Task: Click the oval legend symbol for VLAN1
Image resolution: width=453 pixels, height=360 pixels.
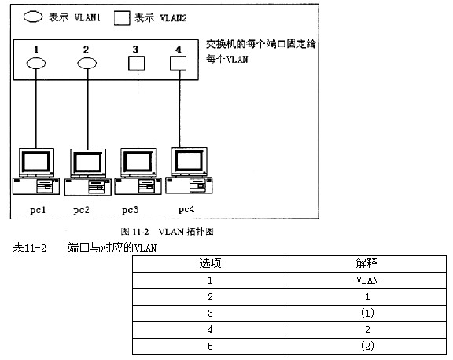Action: [x=33, y=17]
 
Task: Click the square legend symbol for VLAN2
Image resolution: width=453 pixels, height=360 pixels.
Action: [x=122, y=18]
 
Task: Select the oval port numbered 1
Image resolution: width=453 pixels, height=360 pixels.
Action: [x=36, y=63]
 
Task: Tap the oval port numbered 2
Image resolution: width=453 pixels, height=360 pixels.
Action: [x=87, y=63]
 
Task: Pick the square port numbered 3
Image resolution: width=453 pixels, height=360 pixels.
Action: [x=136, y=63]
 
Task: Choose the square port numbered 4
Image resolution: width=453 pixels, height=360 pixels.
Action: [x=178, y=63]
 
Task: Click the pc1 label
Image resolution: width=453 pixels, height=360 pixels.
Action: [x=38, y=210]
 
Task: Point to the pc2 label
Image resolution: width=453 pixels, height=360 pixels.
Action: [x=81, y=210]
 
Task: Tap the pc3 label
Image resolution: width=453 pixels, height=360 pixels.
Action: [x=130, y=210]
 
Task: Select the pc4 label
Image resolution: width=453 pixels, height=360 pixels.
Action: [x=186, y=209]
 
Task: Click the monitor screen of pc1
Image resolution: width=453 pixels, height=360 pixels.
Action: [x=36, y=162]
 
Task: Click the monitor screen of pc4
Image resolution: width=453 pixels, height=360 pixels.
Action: [x=190, y=160]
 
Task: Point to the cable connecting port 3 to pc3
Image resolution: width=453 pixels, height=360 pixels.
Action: [x=138, y=109]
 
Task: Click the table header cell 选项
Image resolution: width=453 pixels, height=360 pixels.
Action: [x=210, y=263]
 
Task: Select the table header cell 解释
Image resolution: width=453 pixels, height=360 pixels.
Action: [x=367, y=263]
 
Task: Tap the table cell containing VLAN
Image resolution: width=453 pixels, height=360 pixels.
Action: [x=367, y=281]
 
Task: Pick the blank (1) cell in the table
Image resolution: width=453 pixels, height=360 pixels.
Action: [x=367, y=314]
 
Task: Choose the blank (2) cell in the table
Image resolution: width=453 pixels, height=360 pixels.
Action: [x=367, y=346]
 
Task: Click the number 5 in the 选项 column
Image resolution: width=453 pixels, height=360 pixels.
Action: [x=210, y=346]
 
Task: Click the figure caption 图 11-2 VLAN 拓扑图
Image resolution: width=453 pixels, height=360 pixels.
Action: [x=167, y=232]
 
